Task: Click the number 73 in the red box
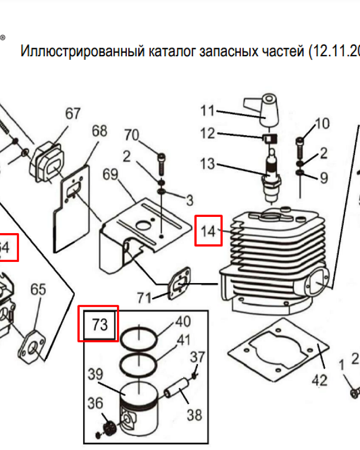pyautogui.click(x=99, y=324)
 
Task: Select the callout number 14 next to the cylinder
pyautogui.click(x=208, y=231)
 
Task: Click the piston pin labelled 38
pyautogui.click(x=176, y=389)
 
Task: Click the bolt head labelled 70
pyautogui.click(x=162, y=157)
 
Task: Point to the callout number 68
pyautogui.click(x=99, y=131)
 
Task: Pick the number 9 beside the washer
pyautogui.click(x=324, y=178)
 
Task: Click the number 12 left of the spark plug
pyautogui.click(x=207, y=134)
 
